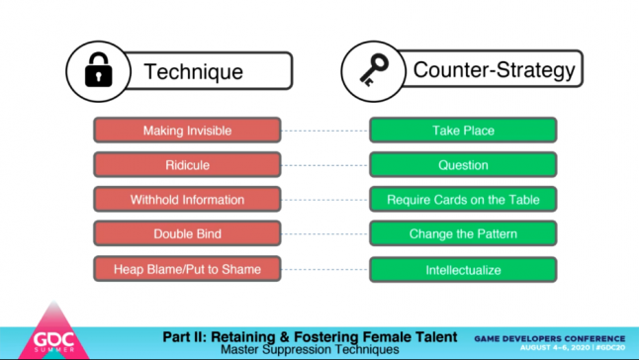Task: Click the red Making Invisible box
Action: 187,131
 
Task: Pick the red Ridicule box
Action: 187,165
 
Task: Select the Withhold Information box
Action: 187,200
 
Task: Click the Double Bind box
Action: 187,234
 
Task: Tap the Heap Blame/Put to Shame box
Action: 187,269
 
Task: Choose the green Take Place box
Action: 463,131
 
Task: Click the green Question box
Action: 463,165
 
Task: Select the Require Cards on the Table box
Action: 463,200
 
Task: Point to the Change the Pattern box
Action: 463,234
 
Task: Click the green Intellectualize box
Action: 463,269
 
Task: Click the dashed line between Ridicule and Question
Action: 325,165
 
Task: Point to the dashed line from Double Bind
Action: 325,234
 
